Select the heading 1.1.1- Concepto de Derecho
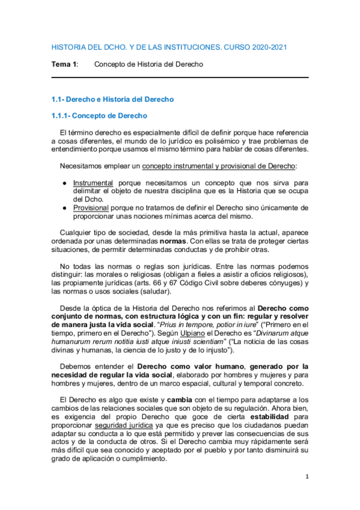click(x=99, y=115)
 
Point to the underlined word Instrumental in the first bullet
click(x=93, y=182)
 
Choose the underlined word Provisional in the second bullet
click(x=91, y=207)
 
